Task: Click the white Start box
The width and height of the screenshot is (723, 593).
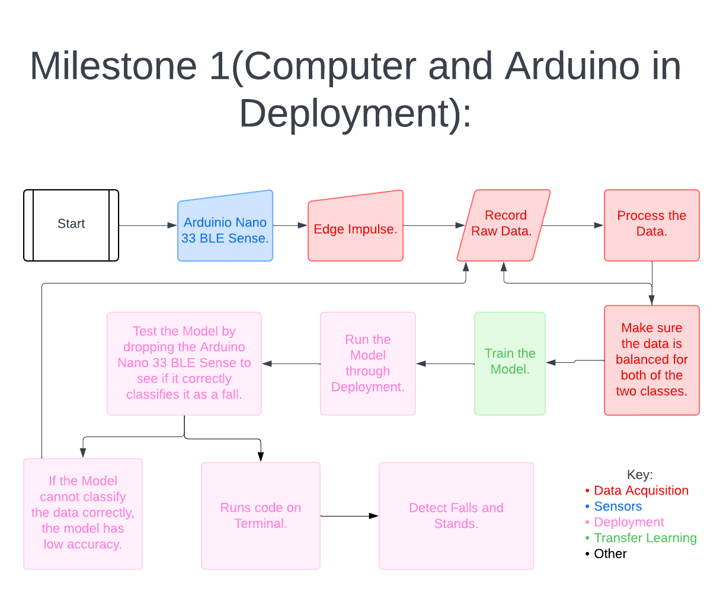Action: pyautogui.click(x=71, y=225)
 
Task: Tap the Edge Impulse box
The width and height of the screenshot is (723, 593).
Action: pyautogui.click(x=356, y=228)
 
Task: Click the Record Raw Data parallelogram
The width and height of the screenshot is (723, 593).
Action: pyautogui.click(x=504, y=225)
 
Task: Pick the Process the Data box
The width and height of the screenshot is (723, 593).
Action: pyautogui.click(x=652, y=225)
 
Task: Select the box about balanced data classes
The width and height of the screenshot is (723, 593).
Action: pyautogui.click(x=652, y=360)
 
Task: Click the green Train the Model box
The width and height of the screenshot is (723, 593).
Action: pyautogui.click(x=510, y=362)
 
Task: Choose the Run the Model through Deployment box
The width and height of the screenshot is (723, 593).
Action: pyautogui.click(x=367, y=363)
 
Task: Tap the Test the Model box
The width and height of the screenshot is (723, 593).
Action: pyautogui.click(x=184, y=363)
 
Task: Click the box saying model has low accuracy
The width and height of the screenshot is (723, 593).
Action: pyautogui.click(x=83, y=513)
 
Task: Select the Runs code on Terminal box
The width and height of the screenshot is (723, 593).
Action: pyautogui.click(x=261, y=515)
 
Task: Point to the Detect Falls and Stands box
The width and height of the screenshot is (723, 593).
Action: pyautogui.click(x=456, y=515)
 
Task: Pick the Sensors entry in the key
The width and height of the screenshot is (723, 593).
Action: pyautogui.click(x=618, y=507)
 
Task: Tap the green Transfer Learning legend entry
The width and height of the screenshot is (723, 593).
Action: pyautogui.click(x=645, y=538)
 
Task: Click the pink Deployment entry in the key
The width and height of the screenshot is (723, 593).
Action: pyautogui.click(x=629, y=522)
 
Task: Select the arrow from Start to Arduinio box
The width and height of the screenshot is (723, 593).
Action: pyautogui.click(x=148, y=225)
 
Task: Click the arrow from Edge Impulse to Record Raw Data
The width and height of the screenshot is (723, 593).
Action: pyautogui.click(x=433, y=225)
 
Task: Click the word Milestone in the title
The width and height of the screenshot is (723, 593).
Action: pyautogui.click(x=113, y=66)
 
